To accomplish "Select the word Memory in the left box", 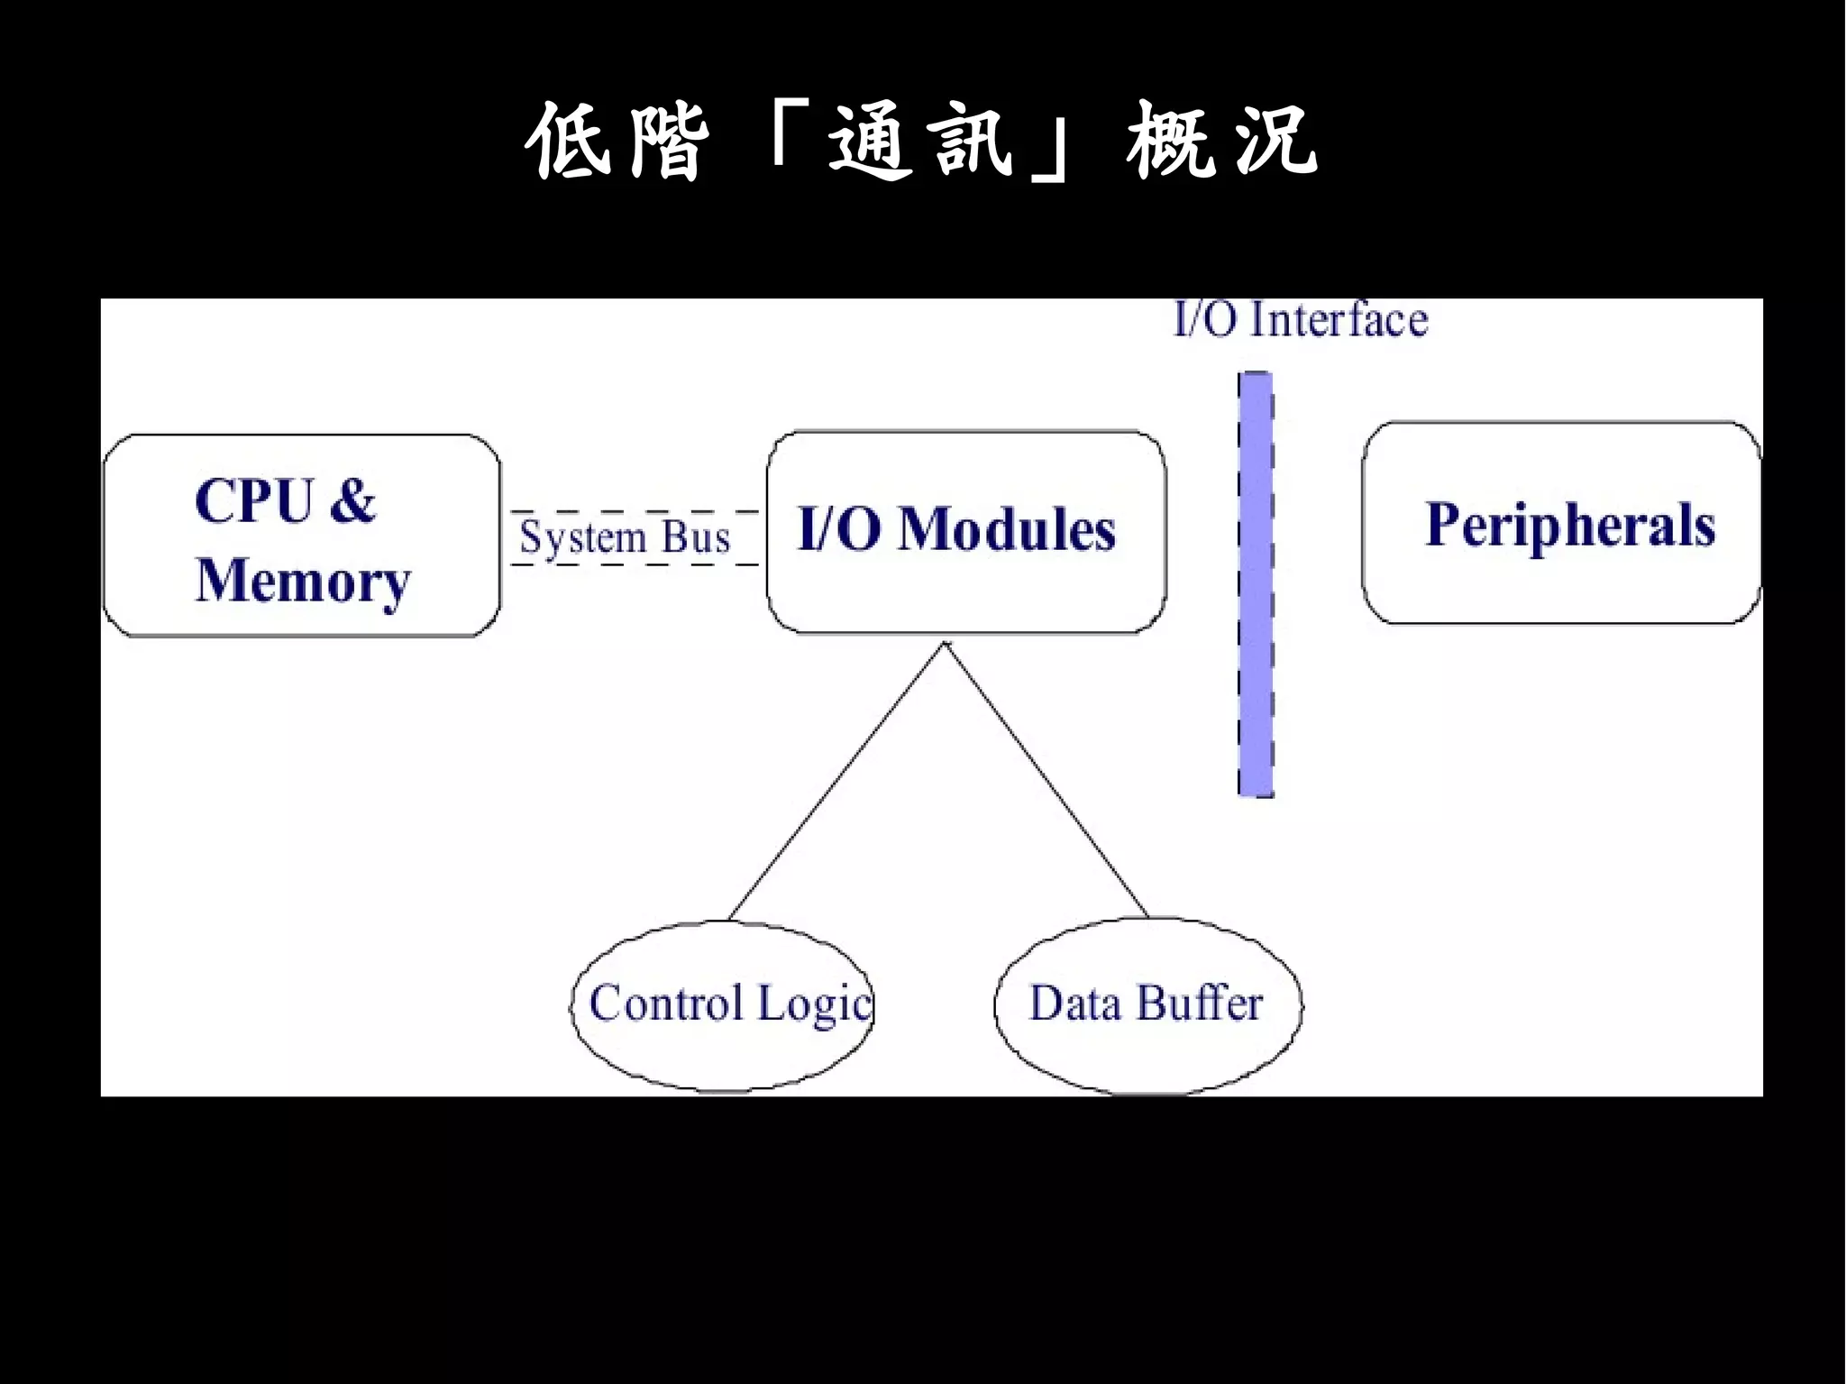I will click(x=303, y=582).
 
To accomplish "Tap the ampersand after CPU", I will click(x=352, y=501).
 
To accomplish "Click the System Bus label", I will click(x=625, y=538).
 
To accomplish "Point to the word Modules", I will click(x=1007, y=529).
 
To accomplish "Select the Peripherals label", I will click(x=1569, y=525).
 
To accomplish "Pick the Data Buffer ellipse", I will click(x=1147, y=1037).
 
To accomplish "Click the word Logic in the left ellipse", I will click(x=815, y=1004).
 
